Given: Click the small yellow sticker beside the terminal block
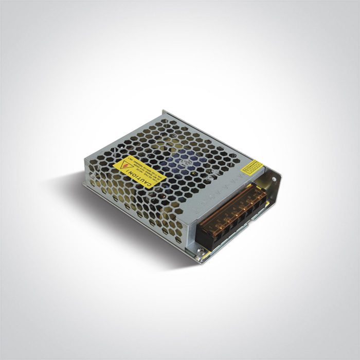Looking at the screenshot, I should [x=253, y=167].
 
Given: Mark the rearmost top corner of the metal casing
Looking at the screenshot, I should [x=164, y=111].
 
